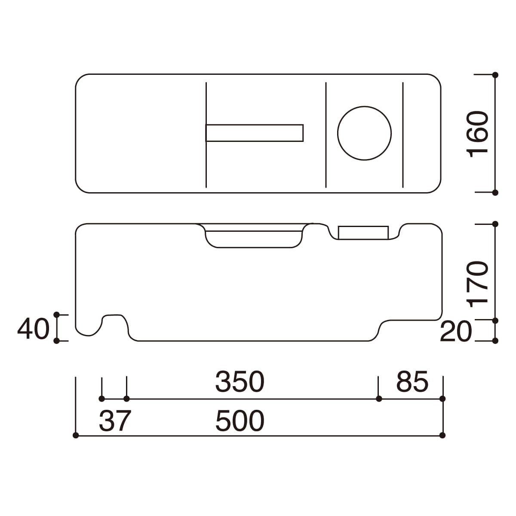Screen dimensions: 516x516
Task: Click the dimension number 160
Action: [478, 134]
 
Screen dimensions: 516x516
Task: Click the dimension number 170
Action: [478, 284]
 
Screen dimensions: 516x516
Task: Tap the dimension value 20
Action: [456, 332]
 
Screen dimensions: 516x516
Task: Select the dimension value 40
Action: [34, 329]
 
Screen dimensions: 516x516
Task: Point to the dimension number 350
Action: [240, 382]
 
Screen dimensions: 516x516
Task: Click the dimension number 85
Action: [412, 382]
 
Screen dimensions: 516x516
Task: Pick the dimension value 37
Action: [115, 421]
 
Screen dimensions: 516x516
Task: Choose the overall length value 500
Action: [240, 421]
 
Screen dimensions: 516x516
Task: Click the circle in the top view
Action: [365, 107]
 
